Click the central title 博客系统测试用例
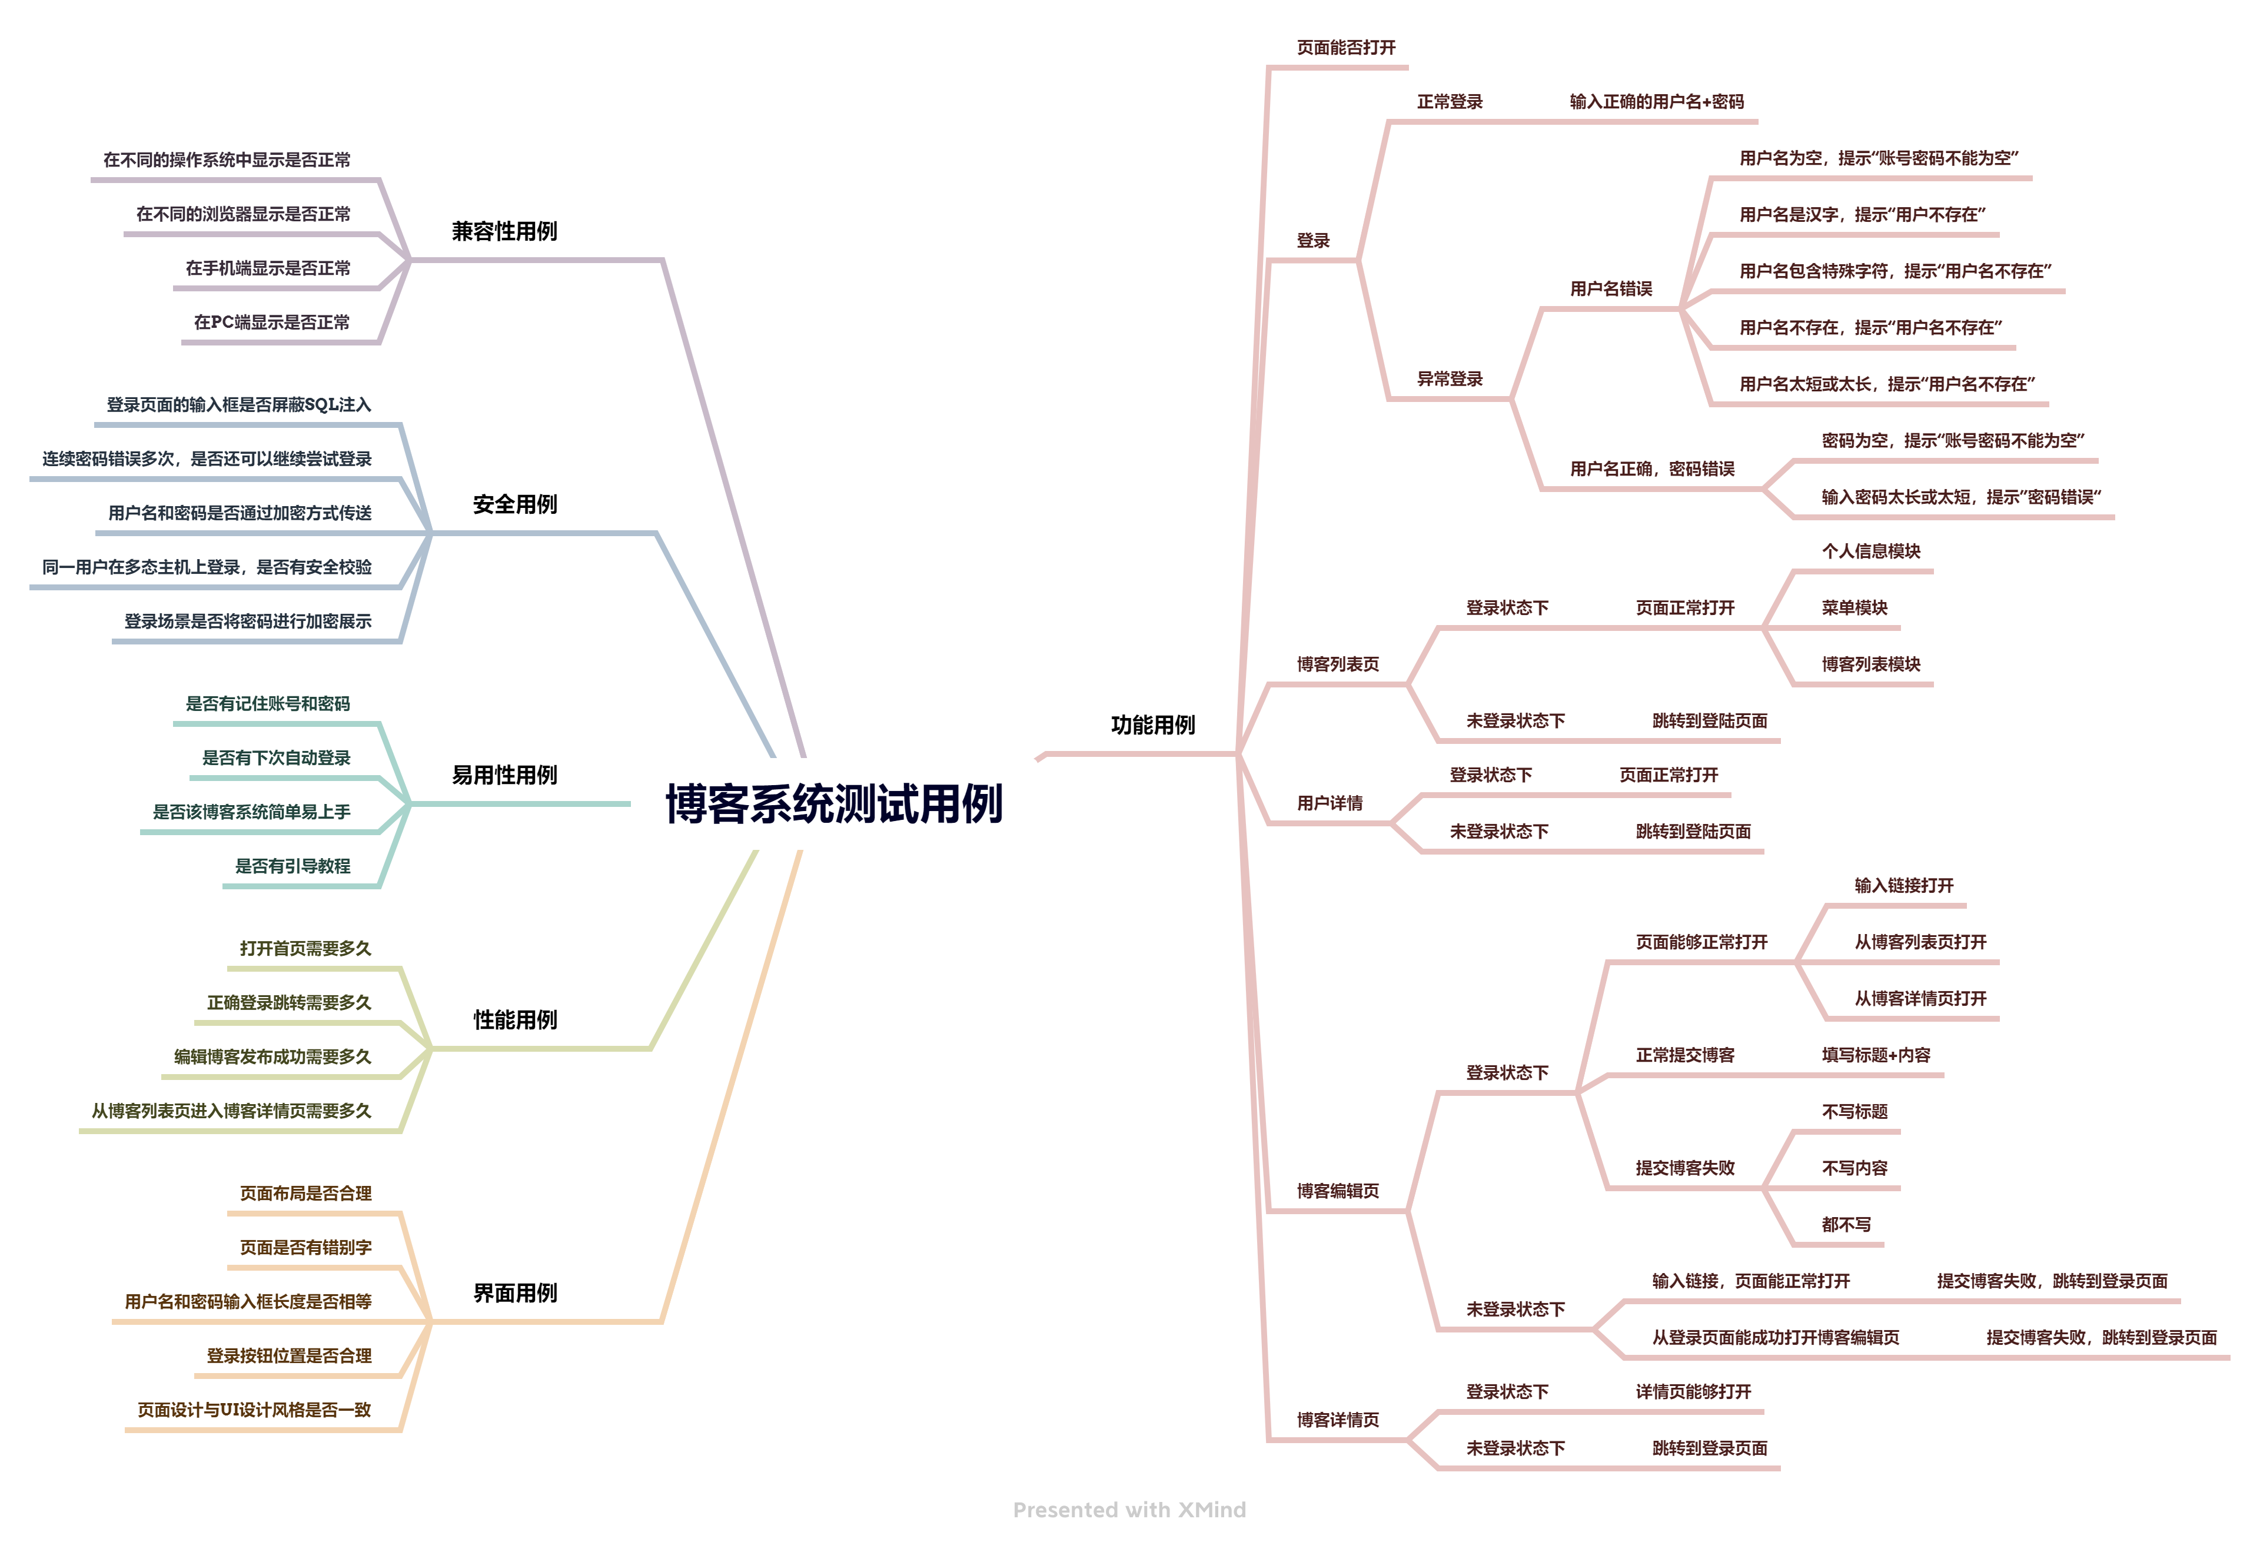point(833,804)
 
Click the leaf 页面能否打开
point(1346,48)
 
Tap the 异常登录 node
point(1449,379)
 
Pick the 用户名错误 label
point(1610,289)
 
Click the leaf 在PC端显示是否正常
point(271,322)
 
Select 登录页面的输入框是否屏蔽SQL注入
point(238,404)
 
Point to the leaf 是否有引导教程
point(292,866)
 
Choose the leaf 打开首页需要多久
point(305,948)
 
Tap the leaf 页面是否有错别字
point(305,1247)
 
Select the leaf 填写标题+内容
point(1875,1055)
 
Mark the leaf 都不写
point(1846,1225)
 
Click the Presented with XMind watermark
point(1129,1510)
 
